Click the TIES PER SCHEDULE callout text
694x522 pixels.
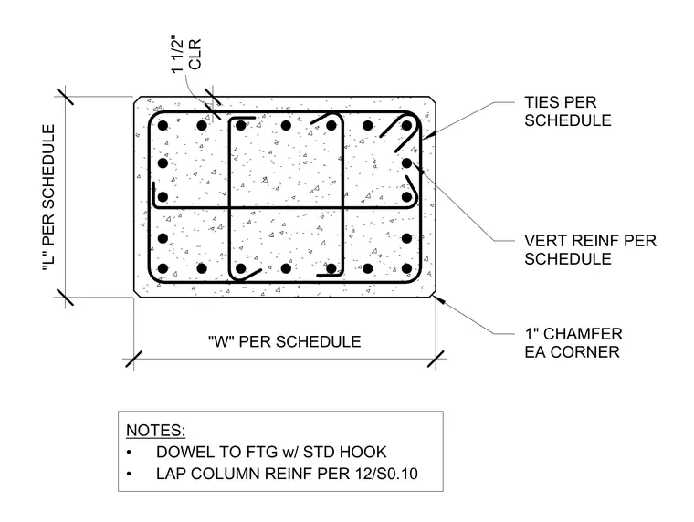[568, 111]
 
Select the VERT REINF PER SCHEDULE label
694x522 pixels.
[591, 249]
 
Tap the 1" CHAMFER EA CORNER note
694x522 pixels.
[573, 343]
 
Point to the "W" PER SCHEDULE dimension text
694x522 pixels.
[285, 341]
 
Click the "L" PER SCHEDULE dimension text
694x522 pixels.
[48, 198]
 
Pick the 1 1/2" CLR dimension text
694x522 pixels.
[186, 54]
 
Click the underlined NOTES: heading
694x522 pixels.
[156, 430]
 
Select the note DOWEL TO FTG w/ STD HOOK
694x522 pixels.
[271, 452]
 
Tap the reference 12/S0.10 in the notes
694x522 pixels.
[386, 474]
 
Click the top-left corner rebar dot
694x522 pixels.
[163, 126]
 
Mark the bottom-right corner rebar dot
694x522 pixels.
[406, 268]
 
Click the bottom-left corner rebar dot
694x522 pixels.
[163, 268]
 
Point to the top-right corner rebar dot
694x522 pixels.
[406, 126]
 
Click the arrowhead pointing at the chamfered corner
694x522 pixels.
[438, 300]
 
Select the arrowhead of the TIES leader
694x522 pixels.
[428, 135]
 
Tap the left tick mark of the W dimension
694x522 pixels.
[133, 359]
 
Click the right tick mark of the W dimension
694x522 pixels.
[436, 359]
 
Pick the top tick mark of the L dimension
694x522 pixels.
[66, 97]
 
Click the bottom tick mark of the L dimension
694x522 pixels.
[66, 298]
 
